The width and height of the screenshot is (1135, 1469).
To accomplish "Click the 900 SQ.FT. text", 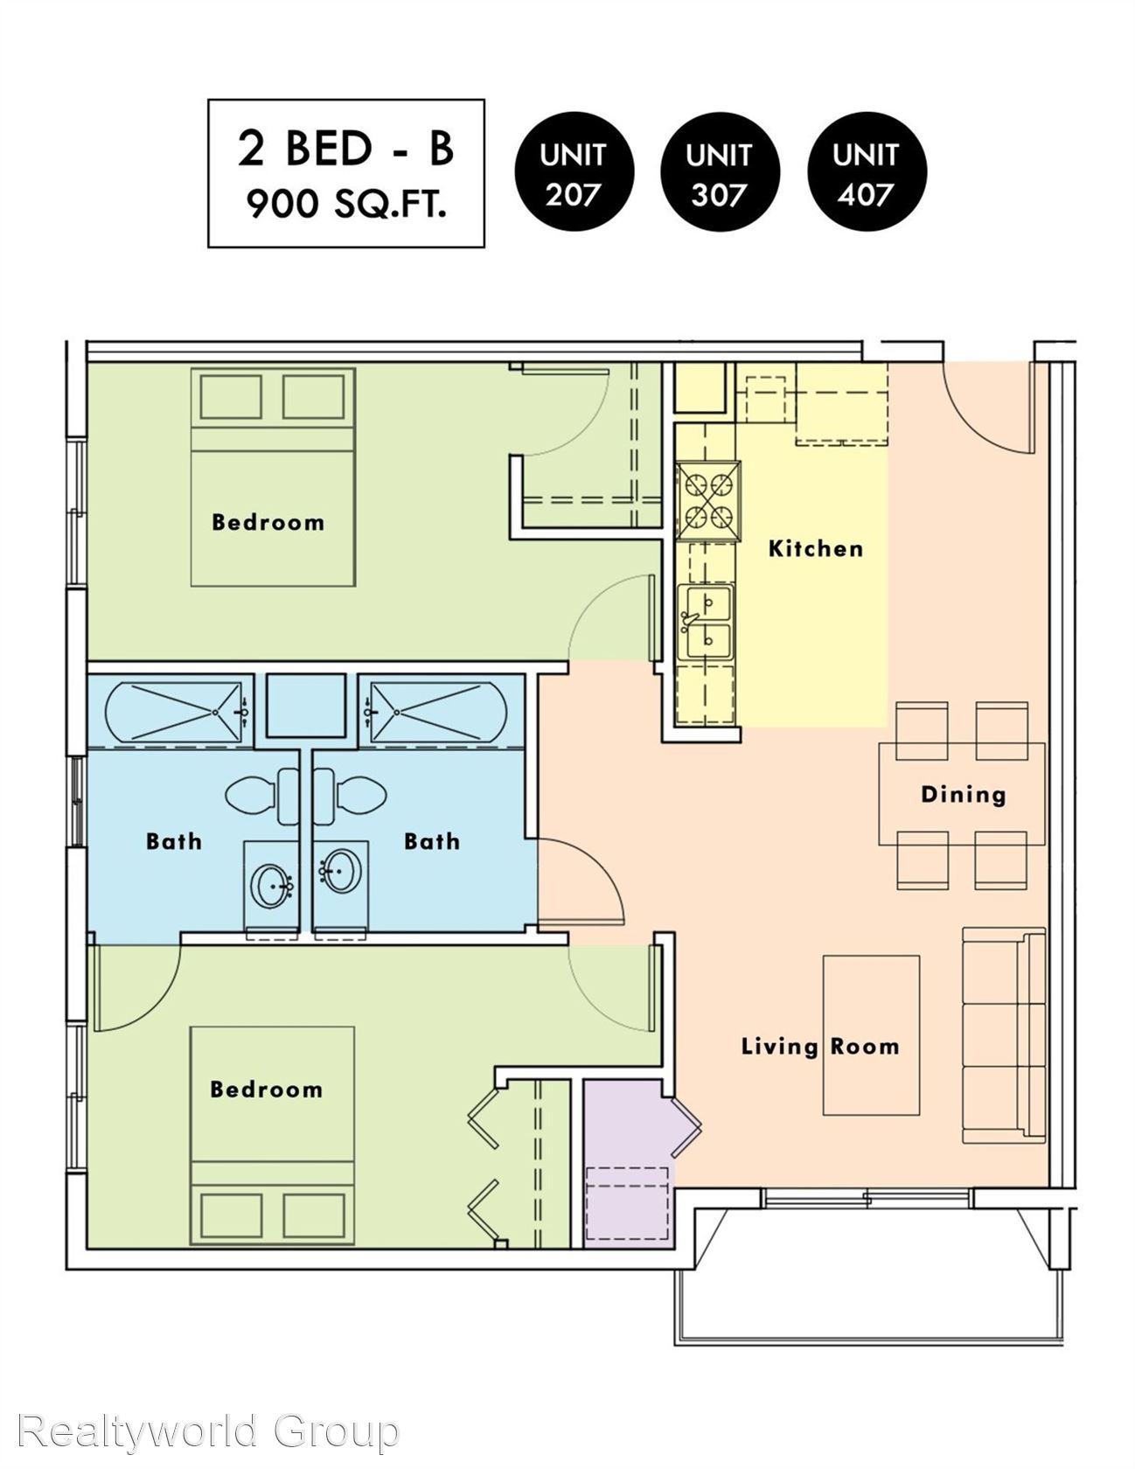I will (x=346, y=205).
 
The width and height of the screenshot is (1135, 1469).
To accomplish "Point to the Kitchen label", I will (x=815, y=549).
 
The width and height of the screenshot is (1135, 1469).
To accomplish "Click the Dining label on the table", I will (x=963, y=795).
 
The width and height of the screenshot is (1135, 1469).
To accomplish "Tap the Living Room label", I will (x=819, y=1047).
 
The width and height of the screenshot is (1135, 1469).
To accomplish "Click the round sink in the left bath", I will (x=271, y=885).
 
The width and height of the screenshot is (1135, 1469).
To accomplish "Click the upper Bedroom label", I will (x=268, y=523).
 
